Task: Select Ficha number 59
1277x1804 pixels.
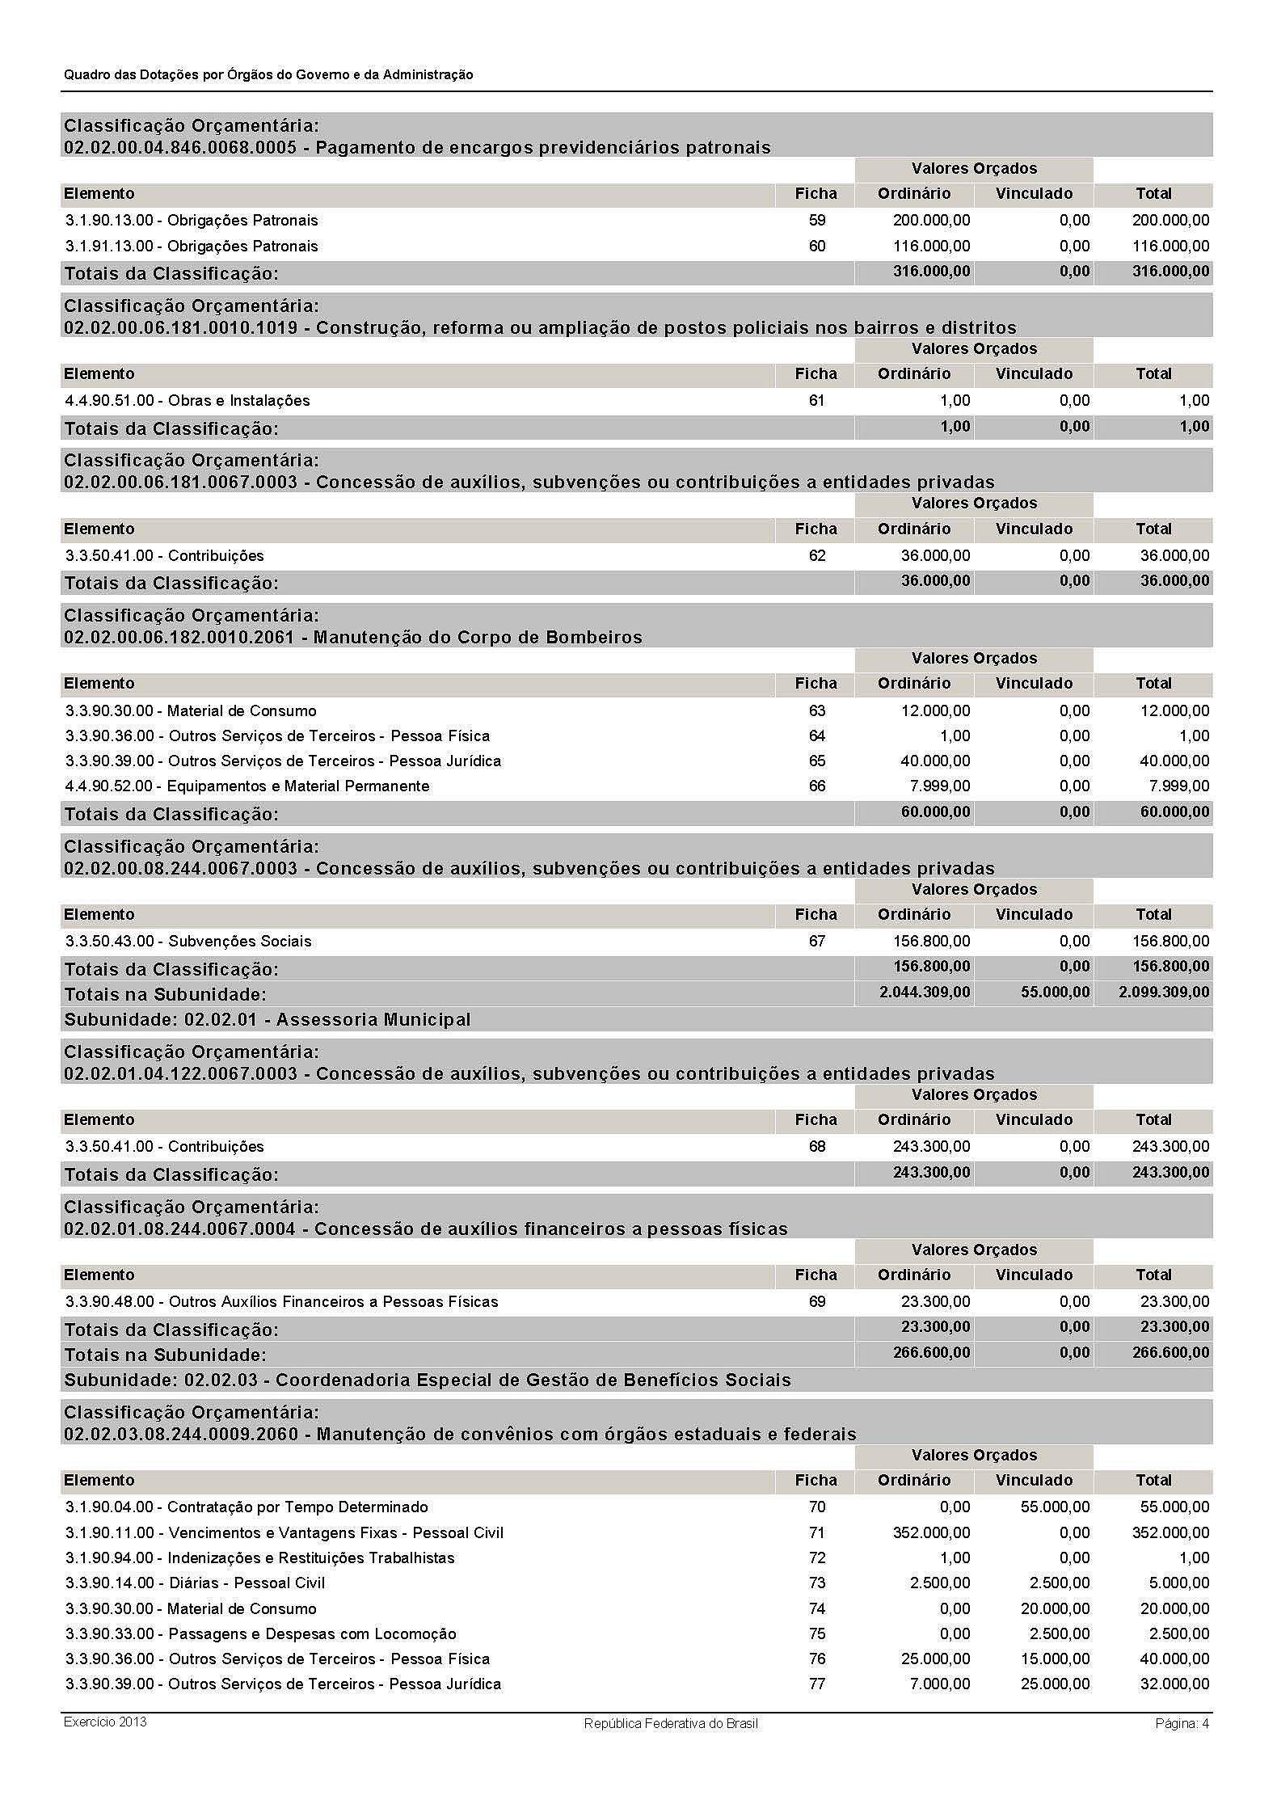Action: (x=816, y=220)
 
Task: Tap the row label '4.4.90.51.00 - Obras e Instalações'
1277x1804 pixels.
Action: (x=187, y=400)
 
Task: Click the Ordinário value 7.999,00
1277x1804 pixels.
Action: (x=942, y=786)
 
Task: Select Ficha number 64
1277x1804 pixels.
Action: (x=816, y=736)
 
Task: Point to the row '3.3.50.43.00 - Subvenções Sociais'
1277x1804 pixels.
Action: (x=188, y=941)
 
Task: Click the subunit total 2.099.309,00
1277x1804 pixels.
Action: (x=1164, y=992)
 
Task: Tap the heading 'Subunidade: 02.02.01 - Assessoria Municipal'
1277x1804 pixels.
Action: (x=267, y=1019)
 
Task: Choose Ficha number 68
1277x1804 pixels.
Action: (x=816, y=1146)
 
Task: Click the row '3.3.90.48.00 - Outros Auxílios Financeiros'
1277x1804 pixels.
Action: (x=281, y=1301)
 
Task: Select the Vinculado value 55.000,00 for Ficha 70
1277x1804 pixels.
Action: (x=1055, y=1507)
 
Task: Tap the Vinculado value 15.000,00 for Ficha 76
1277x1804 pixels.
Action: (x=1055, y=1659)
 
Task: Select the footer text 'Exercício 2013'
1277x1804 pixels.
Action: (x=105, y=1722)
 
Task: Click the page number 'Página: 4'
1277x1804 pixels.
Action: (x=1182, y=1723)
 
